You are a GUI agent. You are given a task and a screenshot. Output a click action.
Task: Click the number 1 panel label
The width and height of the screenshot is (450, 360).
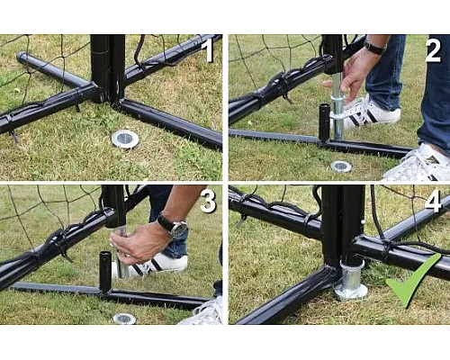[x=207, y=50]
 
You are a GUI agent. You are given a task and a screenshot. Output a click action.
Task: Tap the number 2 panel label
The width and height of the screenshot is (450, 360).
[x=433, y=50]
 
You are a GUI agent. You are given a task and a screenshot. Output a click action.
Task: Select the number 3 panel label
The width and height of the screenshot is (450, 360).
[x=208, y=201]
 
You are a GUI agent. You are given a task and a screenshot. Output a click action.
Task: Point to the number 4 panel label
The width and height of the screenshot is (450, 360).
[x=433, y=201]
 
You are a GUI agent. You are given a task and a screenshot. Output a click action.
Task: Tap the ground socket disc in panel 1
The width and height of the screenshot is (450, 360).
[x=125, y=139]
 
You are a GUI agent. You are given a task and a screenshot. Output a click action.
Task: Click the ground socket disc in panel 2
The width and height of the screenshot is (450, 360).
[x=341, y=166]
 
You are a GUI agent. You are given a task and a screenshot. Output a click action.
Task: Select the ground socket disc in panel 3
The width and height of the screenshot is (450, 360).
[x=124, y=319]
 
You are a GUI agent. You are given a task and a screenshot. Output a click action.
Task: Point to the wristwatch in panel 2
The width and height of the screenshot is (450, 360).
[x=374, y=48]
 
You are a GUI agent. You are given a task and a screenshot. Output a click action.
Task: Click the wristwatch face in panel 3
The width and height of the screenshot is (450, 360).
[x=180, y=230]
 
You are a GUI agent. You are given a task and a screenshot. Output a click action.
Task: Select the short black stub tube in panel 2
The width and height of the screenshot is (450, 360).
[x=324, y=122]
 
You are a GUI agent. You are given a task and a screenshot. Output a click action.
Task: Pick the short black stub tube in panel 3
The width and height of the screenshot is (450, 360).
[x=105, y=272]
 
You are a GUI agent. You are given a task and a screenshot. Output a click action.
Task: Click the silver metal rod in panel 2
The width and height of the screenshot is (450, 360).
[x=337, y=106]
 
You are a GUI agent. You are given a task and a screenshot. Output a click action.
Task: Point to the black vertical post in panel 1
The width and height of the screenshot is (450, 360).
[x=108, y=68]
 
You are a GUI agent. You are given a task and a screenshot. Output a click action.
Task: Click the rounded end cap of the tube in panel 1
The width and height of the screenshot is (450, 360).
[x=22, y=57]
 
